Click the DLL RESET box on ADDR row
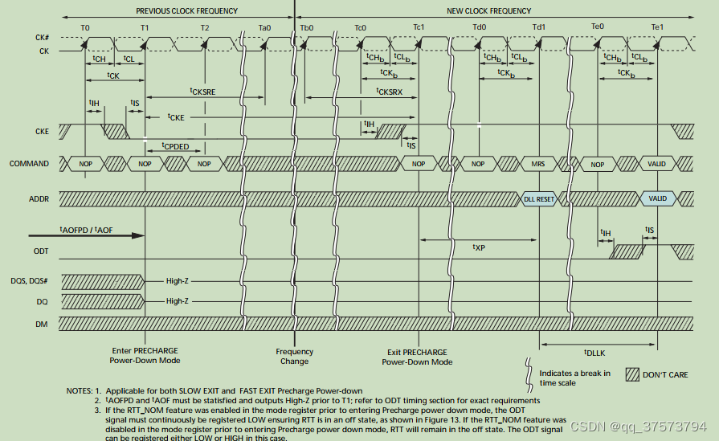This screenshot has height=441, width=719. pyautogui.click(x=539, y=199)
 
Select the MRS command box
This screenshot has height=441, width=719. pyautogui.click(x=538, y=164)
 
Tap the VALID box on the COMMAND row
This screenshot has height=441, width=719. pyautogui.click(x=657, y=164)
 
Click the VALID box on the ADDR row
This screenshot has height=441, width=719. pyautogui.click(x=657, y=199)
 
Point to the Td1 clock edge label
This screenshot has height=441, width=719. pyautogui.click(x=538, y=27)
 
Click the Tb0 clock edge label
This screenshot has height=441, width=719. pyautogui.click(x=306, y=27)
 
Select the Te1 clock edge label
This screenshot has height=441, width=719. pyautogui.click(x=657, y=27)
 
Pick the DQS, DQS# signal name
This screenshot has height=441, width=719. pyautogui.click(x=29, y=281)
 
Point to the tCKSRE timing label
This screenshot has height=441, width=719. pyautogui.click(x=202, y=92)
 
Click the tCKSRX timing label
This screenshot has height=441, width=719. pyautogui.click(x=390, y=92)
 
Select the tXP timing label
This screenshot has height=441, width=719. pyautogui.click(x=479, y=247)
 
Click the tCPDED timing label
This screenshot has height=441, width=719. pyautogui.click(x=175, y=147)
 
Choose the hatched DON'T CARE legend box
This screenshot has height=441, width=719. pyautogui.click(x=632, y=375)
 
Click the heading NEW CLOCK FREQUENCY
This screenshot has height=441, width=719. pyautogui.click(x=488, y=11)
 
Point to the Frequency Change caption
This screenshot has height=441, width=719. pyautogui.click(x=294, y=356)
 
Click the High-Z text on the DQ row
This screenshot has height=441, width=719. pyautogui.click(x=178, y=301)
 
